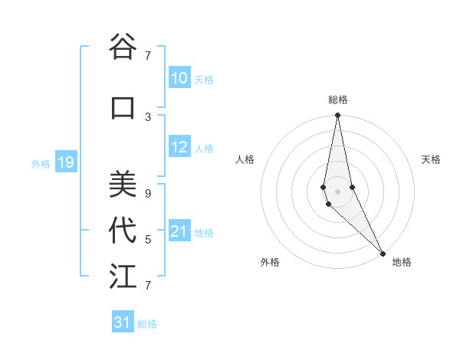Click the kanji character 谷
pos(123,47)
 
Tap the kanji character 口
pos(123,108)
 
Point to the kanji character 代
pos(123,231)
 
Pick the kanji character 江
pos(123,277)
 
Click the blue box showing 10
pos(179,78)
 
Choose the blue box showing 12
pos(179,148)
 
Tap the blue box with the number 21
pos(179,232)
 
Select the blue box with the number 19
pos(66,162)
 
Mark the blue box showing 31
pos(123,322)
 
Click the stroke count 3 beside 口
pos(148,116)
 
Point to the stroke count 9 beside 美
pos(148,193)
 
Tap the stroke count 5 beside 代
pos(148,240)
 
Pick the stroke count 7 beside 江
pos(148,286)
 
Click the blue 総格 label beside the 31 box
pos(147,324)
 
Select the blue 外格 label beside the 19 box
pos(41,163)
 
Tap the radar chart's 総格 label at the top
pos(338,100)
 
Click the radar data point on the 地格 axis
pos(383,252)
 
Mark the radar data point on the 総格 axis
pos(337,116)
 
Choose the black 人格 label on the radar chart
pos(245,159)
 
